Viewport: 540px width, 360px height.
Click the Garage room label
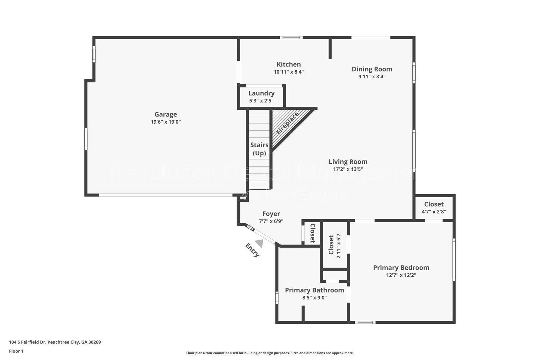click(x=166, y=114)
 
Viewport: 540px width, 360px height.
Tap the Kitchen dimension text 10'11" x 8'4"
click(x=289, y=72)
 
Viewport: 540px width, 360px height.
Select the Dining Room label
click(x=372, y=69)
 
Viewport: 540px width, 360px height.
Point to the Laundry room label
click(x=261, y=93)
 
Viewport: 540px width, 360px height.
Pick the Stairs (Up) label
click(x=260, y=149)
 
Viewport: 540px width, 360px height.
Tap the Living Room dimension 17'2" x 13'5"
click(x=348, y=169)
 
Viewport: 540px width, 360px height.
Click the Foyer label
click(x=271, y=214)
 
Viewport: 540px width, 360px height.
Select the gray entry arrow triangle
click(x=260, y=243)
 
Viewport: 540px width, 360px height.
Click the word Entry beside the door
click(x=252, y=250)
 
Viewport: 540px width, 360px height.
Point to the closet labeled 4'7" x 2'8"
click(x=434, y=208)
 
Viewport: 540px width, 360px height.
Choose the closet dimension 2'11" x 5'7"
click(x=339, y=245)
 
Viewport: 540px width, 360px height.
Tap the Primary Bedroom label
click(x=401, y=267)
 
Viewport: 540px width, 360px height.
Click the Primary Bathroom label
click(x=315, y=290)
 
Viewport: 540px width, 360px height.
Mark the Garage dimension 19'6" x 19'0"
click(x=166, y=122)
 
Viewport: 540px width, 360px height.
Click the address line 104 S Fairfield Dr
click(x=55, y=342)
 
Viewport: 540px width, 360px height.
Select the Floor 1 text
click(x=16, y=351)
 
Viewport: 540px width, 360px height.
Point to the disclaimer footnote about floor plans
click(x=270, y=353)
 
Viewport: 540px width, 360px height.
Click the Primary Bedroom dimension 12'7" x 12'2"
click(x=401, y=275)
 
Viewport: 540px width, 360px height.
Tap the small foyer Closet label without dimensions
click(x=312, y=233)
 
